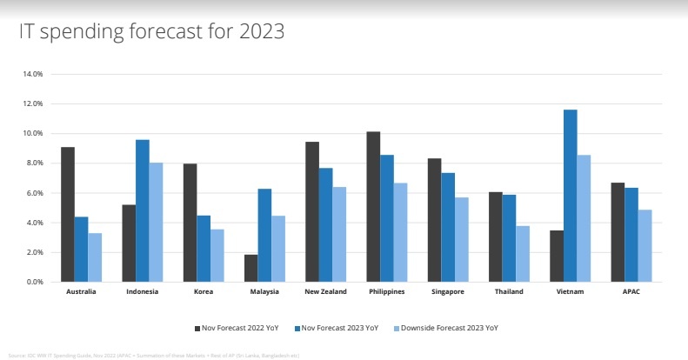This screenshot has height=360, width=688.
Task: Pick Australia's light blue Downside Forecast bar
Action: coord(94,257)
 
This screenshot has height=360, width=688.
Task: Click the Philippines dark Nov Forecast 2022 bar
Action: coord(373,207)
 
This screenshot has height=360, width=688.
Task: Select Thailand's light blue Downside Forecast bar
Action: coord(522,254)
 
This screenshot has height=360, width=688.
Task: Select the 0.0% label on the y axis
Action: coord(35,282)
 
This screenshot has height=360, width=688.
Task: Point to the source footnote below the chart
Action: coord(153,356)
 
